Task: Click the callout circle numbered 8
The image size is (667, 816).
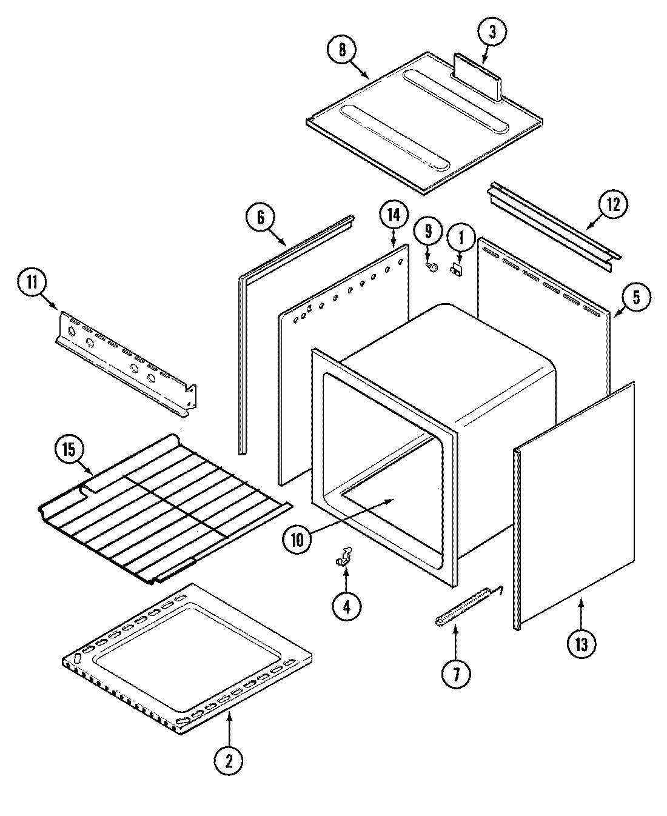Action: click(343, 50)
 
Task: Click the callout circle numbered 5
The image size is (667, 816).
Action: click(635, 297)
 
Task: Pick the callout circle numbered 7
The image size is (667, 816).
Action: click(455, 673)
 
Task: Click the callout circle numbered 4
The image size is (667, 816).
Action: click(346, 606)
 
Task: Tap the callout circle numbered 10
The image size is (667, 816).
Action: click(297, 539)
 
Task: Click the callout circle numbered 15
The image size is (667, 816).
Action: click(69, 450)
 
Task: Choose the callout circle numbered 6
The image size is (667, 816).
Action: click(261, 218)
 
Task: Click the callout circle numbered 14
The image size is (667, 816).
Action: click(394, 215)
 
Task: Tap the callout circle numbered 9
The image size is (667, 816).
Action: click(428, 231)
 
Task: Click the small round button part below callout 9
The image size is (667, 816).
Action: click(432, 266)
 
